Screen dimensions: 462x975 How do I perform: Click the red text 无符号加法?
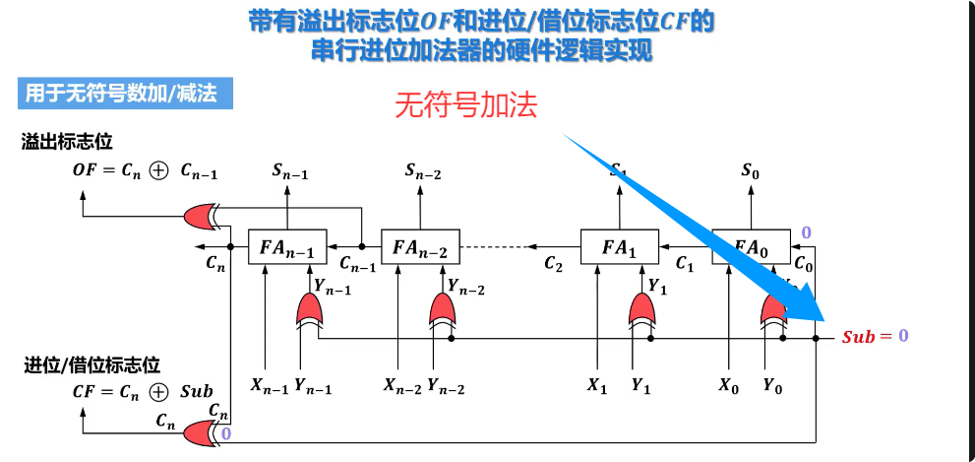pos(466,106)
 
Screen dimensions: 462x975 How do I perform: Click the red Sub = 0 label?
pos(875,336)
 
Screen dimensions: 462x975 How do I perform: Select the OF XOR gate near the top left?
pos(202,215)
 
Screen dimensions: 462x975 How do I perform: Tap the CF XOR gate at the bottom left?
pos(201,431)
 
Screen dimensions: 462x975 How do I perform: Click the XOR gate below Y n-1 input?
pos(310,312)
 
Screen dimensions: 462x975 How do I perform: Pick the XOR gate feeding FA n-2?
pos(443,312)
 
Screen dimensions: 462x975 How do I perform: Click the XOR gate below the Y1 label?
pos(642,312)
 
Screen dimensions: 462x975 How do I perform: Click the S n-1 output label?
pos(290,172)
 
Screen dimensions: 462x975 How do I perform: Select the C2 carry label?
pos(554,264)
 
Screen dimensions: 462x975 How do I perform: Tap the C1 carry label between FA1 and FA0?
pos(685,264)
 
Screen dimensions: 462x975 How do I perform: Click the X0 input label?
pos(728,386)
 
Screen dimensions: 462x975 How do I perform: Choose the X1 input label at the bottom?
pos(597,386)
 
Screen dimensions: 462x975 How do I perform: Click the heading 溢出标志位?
pos(67,142)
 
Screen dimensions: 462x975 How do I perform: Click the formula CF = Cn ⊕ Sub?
pos(143,391)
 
